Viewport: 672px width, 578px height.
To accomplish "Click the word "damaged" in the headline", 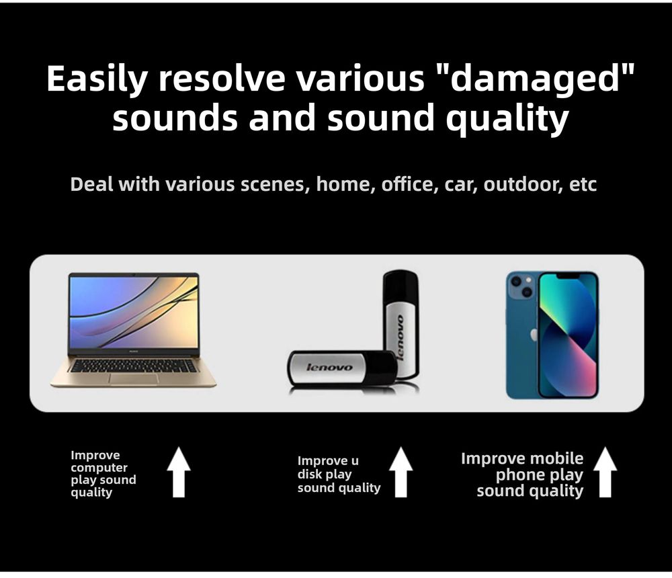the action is [536, 79].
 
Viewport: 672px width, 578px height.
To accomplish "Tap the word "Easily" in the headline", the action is [97, 80].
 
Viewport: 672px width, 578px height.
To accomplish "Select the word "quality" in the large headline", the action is [507, 119].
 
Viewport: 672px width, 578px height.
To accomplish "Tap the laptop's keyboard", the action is [132, 366].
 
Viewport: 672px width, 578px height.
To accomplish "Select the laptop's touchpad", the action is [133, 378].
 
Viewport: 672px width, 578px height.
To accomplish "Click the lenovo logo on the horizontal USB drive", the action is [329, 367].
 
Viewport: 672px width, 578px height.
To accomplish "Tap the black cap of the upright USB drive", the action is [401, 286].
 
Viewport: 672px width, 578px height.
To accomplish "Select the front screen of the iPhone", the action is [567, 335].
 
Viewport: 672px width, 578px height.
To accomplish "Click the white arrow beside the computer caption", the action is [179, 472].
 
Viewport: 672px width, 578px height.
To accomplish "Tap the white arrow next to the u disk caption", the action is [401, 472].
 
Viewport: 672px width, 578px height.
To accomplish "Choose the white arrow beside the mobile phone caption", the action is [605, 472].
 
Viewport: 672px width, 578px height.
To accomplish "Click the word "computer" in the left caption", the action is [99, 468].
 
